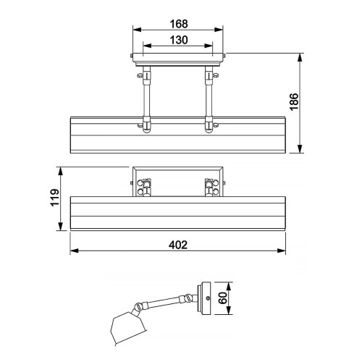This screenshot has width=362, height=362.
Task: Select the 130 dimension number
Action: pos(177,41)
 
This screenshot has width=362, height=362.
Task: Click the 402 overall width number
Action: pos(177,245)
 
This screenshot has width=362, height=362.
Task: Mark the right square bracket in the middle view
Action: pos(211,187)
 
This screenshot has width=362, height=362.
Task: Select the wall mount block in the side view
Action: pos(206,298)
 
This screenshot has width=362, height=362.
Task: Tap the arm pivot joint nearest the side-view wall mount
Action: pos(188,298)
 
